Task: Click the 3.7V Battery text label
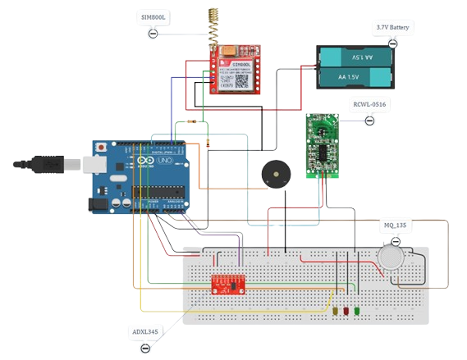tap(393, 27)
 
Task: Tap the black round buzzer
tap(275, 175)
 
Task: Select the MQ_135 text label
tap(395, 225)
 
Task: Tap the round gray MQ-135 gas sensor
tap(391, 257)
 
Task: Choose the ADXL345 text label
tap(146, 332)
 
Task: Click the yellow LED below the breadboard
tap(336, 312)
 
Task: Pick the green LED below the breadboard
tap(356, 312)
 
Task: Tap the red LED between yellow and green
tap(346, 312)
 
